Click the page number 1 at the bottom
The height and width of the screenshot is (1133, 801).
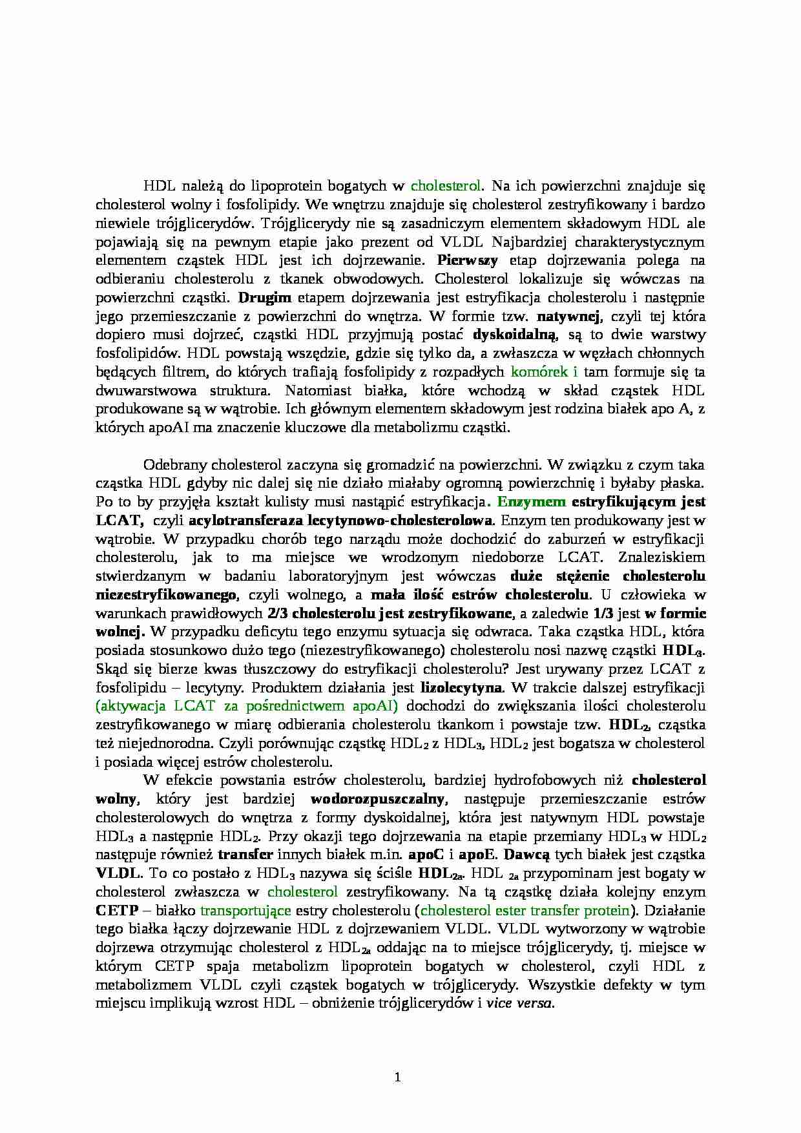pos(398,1077)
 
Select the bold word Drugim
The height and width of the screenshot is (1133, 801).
pos(265,298)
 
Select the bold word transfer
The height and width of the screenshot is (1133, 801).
pos(245,855)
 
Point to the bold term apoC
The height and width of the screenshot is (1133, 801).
pos(426,855)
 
